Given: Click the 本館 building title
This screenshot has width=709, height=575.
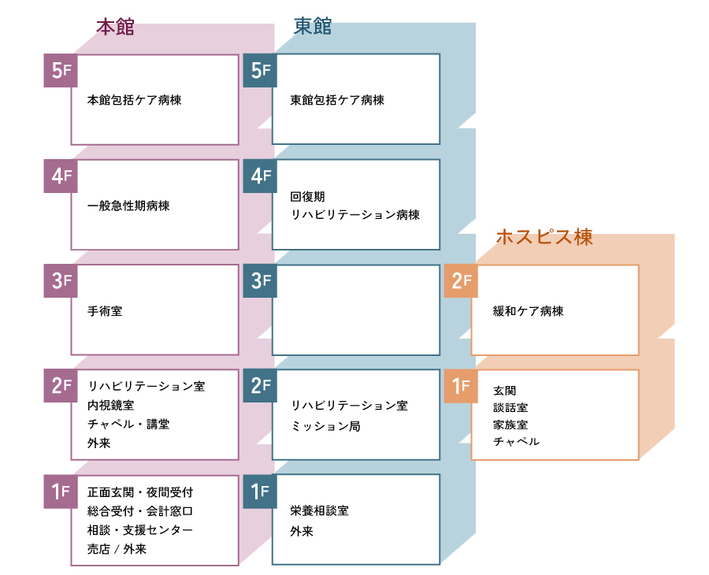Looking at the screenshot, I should tap(115, 28).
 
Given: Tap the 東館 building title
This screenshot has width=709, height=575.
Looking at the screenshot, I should tap(313, 28).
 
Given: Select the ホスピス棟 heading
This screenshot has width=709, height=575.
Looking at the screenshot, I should tap(544, 237).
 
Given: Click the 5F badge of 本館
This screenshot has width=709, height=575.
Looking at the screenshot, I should tap(58, 70).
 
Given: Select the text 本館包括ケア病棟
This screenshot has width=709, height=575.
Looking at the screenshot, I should tap(135, 101).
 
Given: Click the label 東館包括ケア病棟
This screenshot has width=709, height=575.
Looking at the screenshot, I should tap(337, 101).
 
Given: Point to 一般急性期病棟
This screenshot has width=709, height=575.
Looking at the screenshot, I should tap(128, 206).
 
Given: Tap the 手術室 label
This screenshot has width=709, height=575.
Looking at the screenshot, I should tap(106, 311).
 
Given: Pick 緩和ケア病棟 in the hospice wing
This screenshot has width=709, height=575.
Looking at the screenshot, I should tap(529, 311).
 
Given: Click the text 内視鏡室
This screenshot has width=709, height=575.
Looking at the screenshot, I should tap(111, 406).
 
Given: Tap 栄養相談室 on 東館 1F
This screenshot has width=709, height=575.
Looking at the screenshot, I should tap(320, 510).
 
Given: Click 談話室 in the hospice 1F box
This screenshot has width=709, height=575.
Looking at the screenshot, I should tap(510, 407).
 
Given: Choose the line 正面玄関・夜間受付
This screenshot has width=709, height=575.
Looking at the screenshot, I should tap(141, 492).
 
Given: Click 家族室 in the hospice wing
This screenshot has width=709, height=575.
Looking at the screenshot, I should tap(510, 425).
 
